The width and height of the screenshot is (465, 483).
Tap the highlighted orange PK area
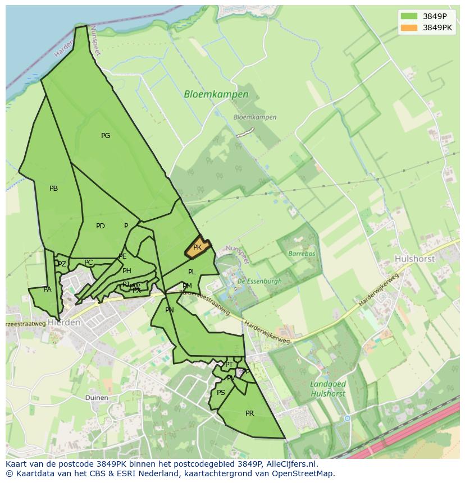tap(198, 247)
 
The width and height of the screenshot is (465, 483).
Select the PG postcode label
tap(106, 136)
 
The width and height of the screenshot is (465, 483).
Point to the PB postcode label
tap(53, 188)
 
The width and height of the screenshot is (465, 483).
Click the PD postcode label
tap(101, 226)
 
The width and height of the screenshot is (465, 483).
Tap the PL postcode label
tap(192, 272)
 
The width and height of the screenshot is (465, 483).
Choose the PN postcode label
tap(170, 310)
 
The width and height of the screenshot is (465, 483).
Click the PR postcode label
tap(250, 413)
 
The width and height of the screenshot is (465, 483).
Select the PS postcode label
tap(221, 393)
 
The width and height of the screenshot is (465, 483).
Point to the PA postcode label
tap(47, 289)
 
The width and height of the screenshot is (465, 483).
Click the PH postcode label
tap(127, 271)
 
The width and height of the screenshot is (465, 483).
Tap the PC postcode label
tap(88, 263)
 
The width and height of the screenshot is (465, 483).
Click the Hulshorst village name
tap(416, 259)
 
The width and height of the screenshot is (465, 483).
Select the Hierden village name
tap(64, 323)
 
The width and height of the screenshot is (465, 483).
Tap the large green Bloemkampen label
tap(216, 95)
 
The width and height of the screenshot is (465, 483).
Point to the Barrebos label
tap(302, 254)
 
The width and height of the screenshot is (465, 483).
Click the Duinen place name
tap(97, 398)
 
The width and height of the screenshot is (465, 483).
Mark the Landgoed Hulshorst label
tap(328, 389)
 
